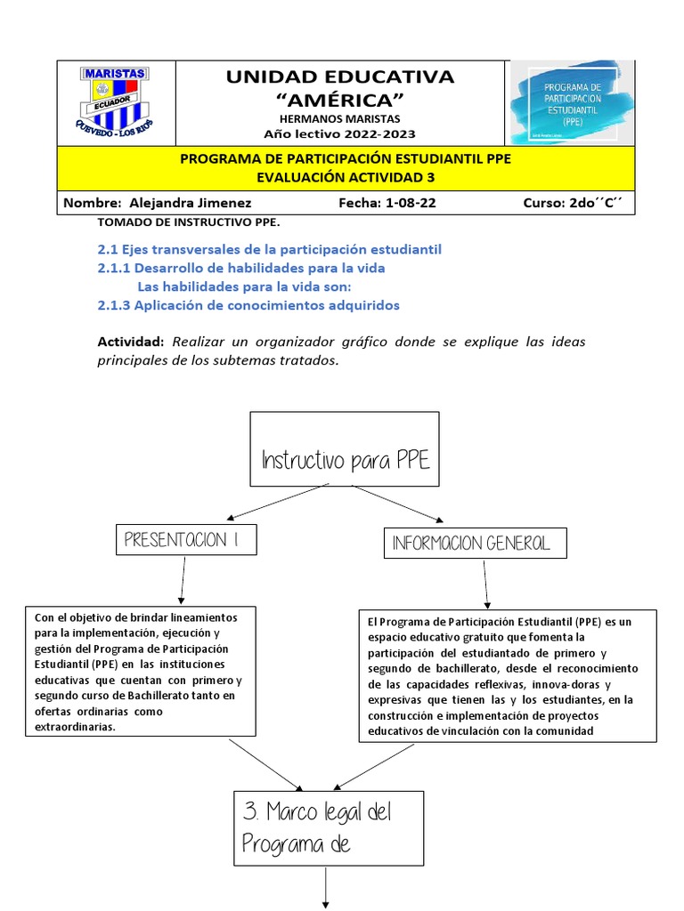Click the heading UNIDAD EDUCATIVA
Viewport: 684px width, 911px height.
click(339, 77)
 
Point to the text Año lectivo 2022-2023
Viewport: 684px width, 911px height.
click(339, 134)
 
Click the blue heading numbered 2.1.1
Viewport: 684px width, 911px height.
click(241, 268)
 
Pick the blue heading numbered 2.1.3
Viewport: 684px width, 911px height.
click(248, 305)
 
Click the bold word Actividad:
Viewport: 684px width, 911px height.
click(131, 343)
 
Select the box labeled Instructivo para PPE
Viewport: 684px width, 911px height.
click(345, 449)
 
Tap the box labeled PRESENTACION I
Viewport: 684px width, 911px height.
click(187, 539)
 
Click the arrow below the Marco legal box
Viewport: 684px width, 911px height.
click(327, 888)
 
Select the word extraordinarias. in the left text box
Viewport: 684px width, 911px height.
click(76, 727)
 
